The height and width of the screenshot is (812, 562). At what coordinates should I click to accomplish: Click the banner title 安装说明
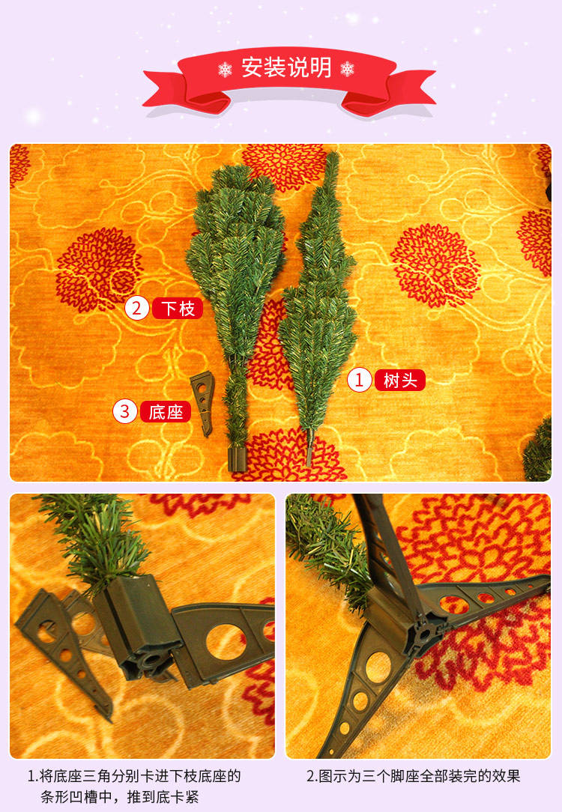click(286, 68)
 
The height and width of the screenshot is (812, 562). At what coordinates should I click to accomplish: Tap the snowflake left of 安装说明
click(226, 69)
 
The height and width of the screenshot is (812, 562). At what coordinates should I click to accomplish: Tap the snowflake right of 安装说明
click(347, 68)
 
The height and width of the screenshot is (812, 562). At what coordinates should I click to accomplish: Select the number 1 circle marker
click(360, 380)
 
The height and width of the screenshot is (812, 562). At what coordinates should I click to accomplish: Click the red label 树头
click(400, 380)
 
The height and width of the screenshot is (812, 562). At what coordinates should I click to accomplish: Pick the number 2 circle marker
click(136, 308)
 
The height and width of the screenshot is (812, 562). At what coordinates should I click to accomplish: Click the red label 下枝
click(178, 308)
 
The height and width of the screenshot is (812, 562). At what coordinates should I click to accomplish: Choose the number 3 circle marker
click(125, 412)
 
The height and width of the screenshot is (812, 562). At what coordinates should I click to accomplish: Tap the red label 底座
click(166, 412)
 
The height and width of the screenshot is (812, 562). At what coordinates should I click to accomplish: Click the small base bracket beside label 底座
click(203, 402)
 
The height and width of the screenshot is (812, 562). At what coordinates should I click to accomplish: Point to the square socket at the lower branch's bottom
click(238, 459)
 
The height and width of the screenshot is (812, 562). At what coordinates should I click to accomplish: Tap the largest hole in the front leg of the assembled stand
click(379, 667)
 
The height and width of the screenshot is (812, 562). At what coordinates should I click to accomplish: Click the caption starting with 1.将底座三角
click(134, 786)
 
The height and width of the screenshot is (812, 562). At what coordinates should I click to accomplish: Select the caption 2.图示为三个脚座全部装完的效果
click(414, 776)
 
